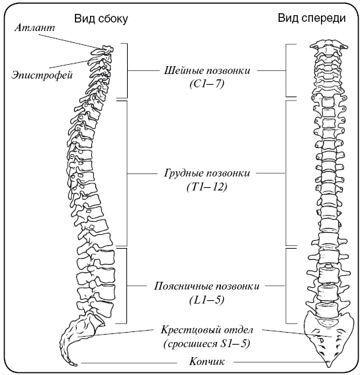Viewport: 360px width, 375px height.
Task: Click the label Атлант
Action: point(34,28)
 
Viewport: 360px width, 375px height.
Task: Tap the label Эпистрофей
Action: point(42,75)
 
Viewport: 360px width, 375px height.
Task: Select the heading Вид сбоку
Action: point(101,19)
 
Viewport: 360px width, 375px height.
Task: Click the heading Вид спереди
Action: point(312,18)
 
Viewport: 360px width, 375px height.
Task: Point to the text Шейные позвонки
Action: point(207,71)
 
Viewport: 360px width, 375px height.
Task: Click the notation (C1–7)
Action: point(207,84)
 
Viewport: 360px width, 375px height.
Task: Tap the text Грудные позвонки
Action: point(207,173)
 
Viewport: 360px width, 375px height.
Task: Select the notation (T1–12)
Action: point(207,187)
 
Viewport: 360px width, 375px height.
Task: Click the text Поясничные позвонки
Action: point(206,286)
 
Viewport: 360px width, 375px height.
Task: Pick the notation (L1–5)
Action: point(207,300)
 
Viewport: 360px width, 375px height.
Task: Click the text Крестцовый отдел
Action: point(207,330)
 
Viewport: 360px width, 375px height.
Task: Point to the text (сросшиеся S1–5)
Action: point(207,344)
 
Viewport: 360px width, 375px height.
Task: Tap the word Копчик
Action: point(207,361)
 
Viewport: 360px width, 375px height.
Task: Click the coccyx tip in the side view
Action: point(75,365)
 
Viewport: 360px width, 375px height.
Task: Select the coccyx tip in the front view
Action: point(330,366)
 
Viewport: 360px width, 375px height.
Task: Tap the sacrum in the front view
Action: point(329,338)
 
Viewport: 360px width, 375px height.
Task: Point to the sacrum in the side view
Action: point(79,335)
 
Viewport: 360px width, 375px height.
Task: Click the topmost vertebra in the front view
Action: point(329,46)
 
